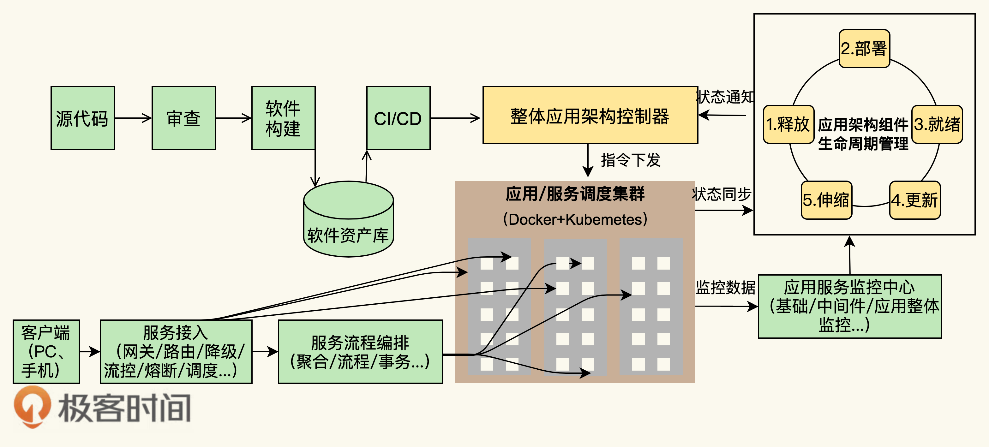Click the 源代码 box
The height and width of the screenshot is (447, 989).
[x=82, y=118]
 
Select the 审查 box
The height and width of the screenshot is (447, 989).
[x=183, y=118]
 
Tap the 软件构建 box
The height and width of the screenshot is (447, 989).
[x=283, y=118]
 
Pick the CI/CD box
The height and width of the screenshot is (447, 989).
[x=398, y=118]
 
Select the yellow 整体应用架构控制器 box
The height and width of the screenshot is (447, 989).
[x=590, y=115]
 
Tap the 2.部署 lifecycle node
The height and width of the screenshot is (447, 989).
[x=864, y=49]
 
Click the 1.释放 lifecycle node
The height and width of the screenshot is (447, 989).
[x=788, y=124]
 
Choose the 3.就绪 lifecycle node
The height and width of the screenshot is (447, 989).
[x=937, y=124]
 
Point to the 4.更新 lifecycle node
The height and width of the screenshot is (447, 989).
[x=914, y=200]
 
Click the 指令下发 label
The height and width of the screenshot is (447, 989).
[x=630, y=160]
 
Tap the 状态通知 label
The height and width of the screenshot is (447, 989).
[x=725, y=97]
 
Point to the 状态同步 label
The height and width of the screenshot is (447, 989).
[x=722, y=194]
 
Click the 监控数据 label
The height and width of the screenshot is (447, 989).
[x=725, y=287]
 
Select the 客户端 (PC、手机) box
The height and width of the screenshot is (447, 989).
[x=46, y=351]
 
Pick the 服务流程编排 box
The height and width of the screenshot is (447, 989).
[x=360, y=351]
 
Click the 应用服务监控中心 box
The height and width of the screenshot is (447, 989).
[x=850, y=306]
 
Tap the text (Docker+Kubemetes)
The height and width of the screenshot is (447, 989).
[x=575, y=219]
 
